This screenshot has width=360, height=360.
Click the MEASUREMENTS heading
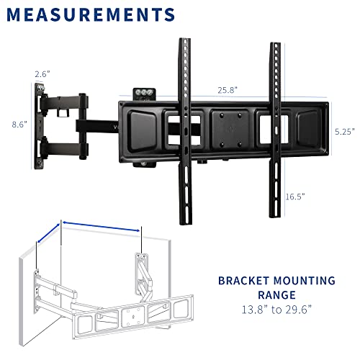pyautogui.click(x=91, y=14)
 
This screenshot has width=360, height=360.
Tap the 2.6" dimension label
pyautogui.click(x=42, y=74)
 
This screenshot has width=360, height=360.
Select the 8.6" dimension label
pyautogui.click(x=19, y=125)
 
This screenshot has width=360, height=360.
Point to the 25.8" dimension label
pyautogui.click(x=228, y=90)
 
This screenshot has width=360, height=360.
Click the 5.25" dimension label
pyautogui.click(x=345, y=132)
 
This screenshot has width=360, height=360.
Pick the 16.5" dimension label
pyautogui.click(x=295, y=197)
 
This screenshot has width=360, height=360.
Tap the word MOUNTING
pyautogui.click(x=305, y=281)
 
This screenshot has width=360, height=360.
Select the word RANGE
pyautogui.click(x=276, y=295)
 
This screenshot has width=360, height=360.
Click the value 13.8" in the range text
pyautogui.click(x=254, y=310)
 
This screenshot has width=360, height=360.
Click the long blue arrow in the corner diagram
pyautogui.click(x=102, y=227)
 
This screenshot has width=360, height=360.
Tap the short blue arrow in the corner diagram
pyautogui.click(x=48, y=233)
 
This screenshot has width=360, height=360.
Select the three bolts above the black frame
pyautogui.click(x=144, y=92)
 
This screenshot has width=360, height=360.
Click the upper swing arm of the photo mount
pyautogui.click(x=64, y=102)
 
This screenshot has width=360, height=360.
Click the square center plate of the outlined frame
pyautogui.click(x=133, y=318)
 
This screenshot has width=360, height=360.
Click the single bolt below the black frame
pyautogui.click(x=144, y=164)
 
